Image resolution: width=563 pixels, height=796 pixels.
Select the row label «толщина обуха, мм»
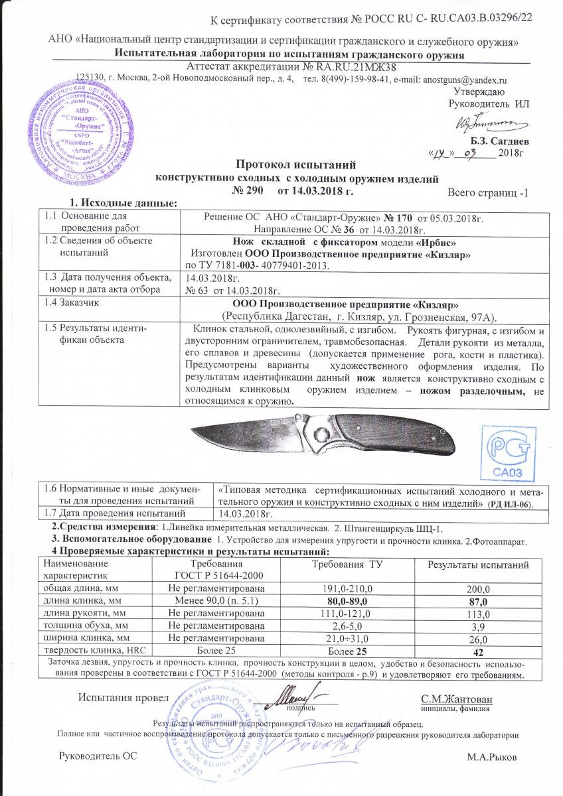pos(85,626)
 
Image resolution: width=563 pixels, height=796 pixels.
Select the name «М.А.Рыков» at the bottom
pos(492,758)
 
